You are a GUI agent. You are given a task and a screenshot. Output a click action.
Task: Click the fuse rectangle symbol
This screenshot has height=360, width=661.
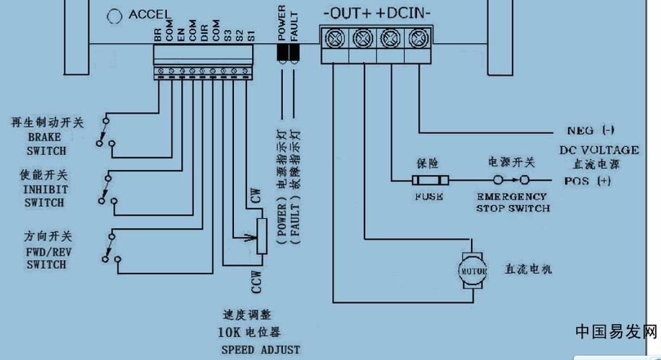(430, 180)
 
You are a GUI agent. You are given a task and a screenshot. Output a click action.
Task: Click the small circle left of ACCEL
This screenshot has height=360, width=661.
(114, 15)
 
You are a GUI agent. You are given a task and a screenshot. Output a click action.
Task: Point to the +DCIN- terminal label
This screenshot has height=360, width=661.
(404, 13)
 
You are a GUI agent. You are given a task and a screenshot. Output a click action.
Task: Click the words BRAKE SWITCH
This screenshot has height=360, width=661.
(46, 144)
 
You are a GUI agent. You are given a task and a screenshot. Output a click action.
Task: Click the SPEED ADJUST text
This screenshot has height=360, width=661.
(260, 350)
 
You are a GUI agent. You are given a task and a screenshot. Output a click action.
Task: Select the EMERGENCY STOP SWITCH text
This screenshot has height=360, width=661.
(513, 202)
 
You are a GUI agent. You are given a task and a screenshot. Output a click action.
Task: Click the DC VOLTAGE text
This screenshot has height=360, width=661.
(598, 150)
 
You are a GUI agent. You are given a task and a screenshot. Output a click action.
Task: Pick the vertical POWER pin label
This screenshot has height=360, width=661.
(282, 23)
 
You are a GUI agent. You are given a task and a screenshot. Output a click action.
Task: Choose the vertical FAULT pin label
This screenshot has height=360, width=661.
(293, 23)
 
